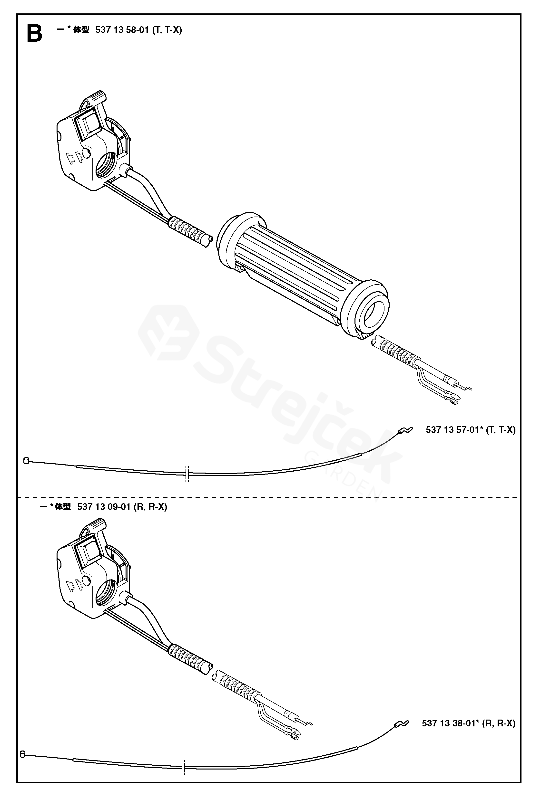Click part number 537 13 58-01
coord(122,30)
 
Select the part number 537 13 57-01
coord(452,430)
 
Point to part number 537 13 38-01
coord(449,723)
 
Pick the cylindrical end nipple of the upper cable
coord(26,461)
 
